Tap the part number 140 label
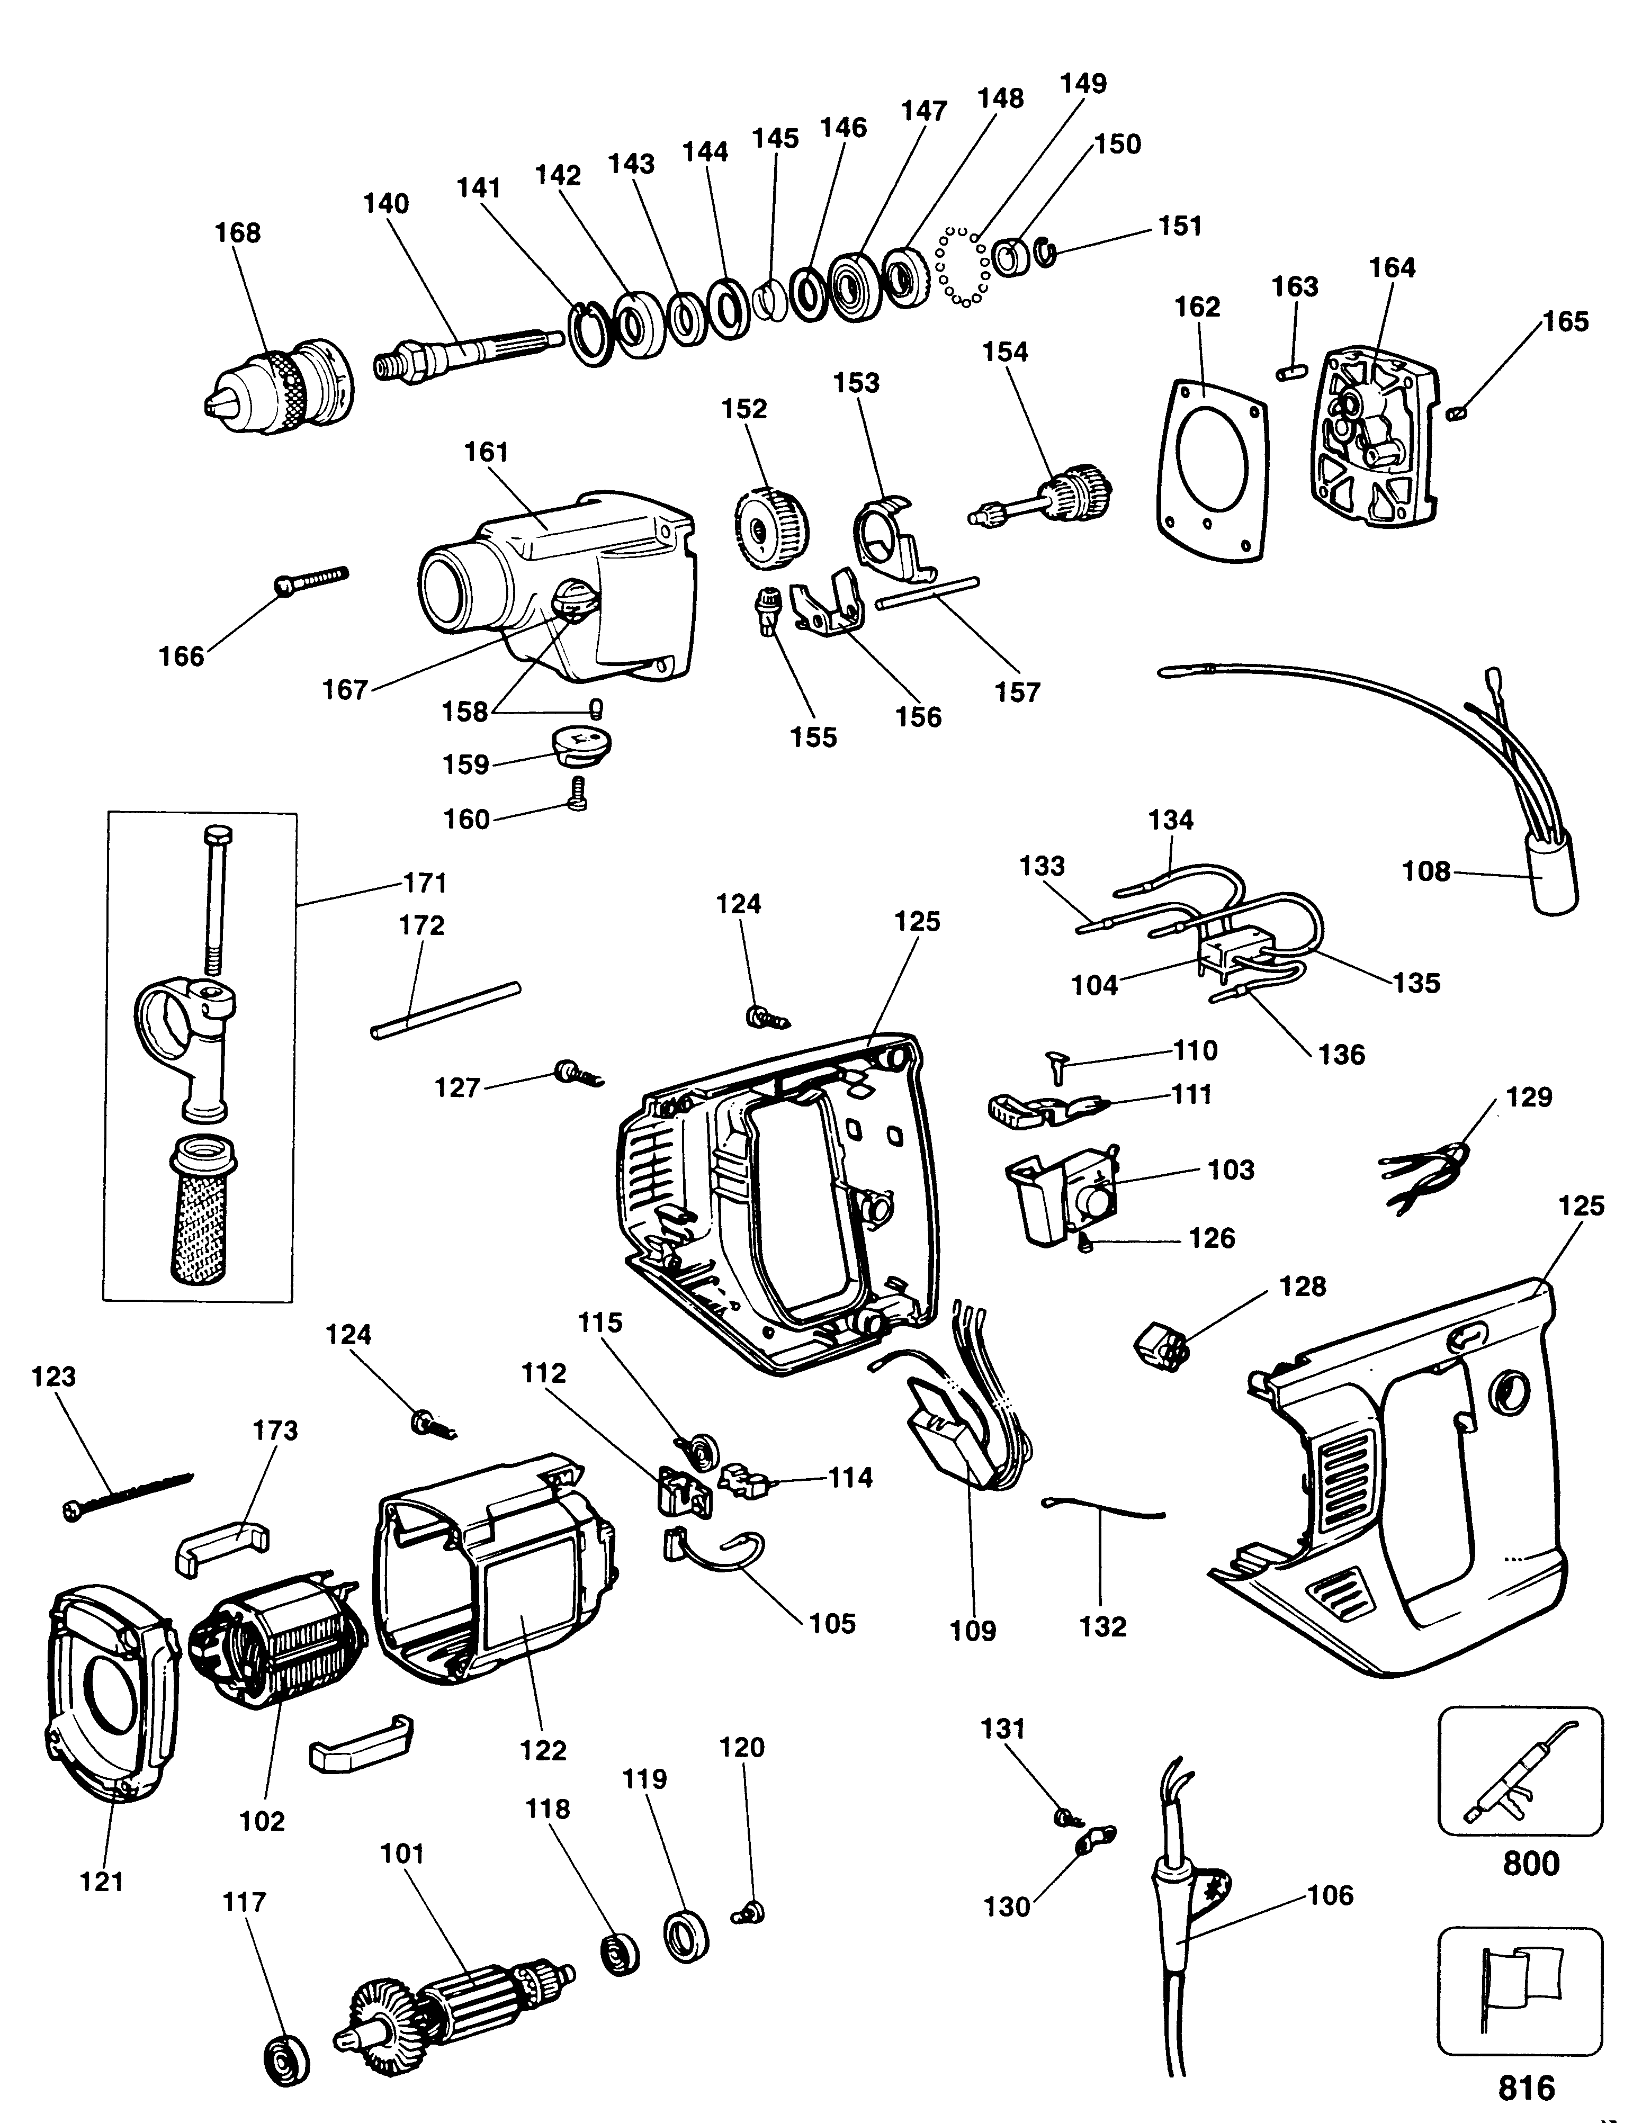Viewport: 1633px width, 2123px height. click(x=386, y=204)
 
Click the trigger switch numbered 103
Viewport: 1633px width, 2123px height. click(x=1064, y=1200)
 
